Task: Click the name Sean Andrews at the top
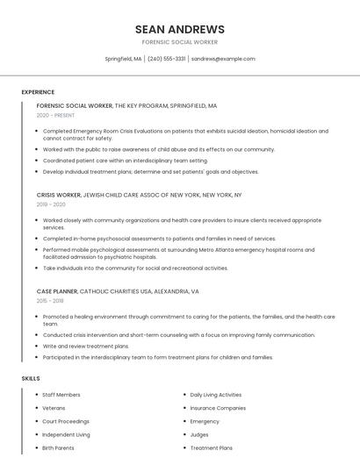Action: tap(180, 29)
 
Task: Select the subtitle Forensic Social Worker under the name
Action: tap(180, 42)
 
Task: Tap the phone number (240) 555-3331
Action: tap(166, 59)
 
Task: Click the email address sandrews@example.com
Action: tap(223, 59)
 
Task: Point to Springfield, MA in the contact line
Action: tap(123, 59)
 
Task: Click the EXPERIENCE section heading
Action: tap(38, 92)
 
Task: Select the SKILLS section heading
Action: tap(31, 378)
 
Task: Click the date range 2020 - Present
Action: tap(57, 115)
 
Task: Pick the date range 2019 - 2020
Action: tap(53, 204)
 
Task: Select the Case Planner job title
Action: tap(57, 291)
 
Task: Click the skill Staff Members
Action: tap(61, 395)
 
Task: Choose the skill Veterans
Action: tap(54, 408)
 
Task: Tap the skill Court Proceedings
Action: tap(66, 421)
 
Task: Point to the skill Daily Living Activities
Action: tap(216, 395)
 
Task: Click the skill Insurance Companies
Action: tap(218, 408)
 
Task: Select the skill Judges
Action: tap(199, 434)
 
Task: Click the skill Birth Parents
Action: tap(58, 447)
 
